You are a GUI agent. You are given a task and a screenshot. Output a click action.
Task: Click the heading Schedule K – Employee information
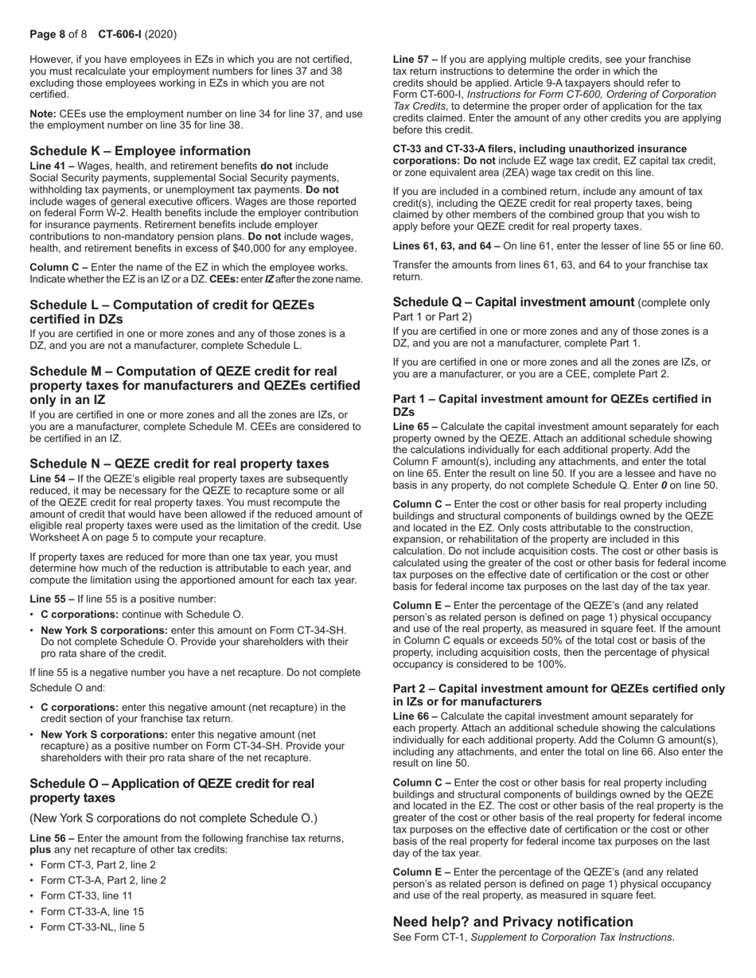pos(140,151)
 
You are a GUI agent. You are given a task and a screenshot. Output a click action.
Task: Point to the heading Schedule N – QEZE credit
pos(179,464)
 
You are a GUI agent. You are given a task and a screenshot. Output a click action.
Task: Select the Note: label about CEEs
pos(44,114)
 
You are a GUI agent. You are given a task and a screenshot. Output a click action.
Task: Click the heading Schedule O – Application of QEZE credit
pos(172,790)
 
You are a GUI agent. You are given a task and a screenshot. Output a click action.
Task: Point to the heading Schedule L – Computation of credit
pos(172,312)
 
